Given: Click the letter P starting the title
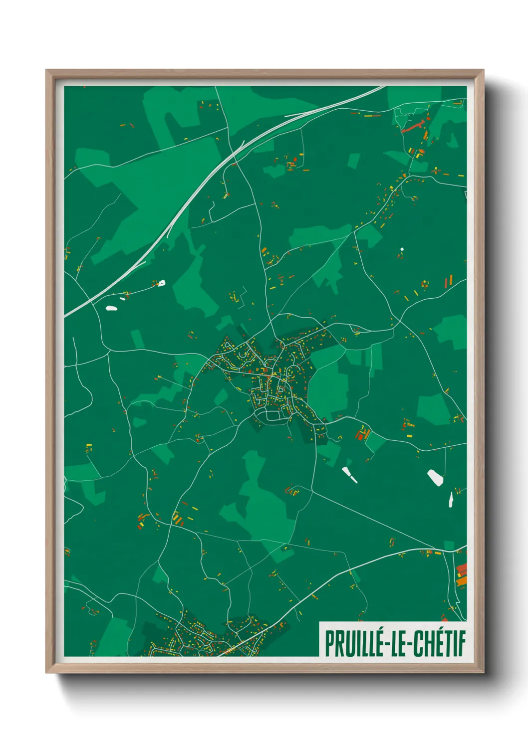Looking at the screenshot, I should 330,644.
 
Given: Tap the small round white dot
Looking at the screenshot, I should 402,249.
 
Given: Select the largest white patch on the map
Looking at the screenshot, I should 435,477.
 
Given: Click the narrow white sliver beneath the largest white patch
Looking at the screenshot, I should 451,499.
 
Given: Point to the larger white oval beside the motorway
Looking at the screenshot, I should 111,308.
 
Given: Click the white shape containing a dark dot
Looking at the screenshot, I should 161,283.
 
